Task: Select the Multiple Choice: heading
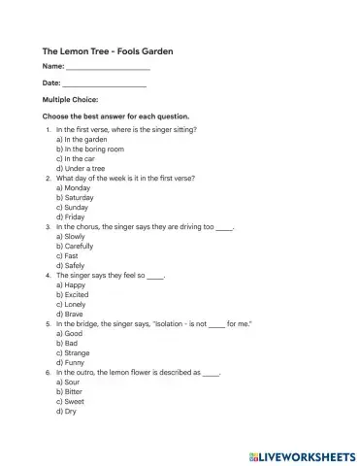coord(70,100)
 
